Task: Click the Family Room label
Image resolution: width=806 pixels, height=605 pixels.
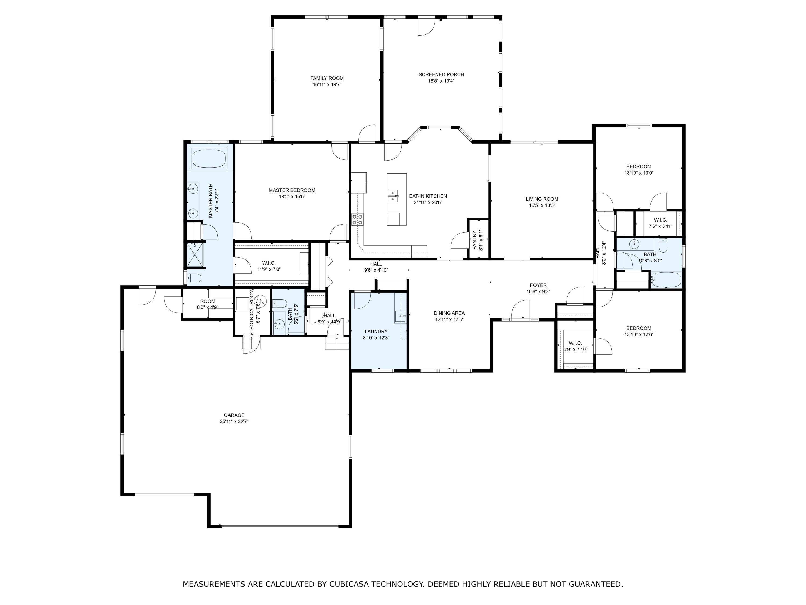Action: pos(327,78)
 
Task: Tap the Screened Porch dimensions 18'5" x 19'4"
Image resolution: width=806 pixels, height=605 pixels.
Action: pos(441,81)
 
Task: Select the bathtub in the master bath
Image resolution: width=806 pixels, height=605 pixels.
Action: pos(209,159)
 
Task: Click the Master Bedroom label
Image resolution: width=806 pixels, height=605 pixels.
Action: pos(292,190)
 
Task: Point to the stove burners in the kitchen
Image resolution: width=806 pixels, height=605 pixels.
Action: pos(357,219)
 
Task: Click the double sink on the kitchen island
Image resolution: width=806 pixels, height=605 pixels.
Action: pos(393,196)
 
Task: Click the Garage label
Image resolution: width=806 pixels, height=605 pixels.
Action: pos(234,415)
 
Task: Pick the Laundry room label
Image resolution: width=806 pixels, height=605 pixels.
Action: pos(376,332)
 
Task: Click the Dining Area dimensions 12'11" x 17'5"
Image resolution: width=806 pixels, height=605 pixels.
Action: pos(449,319)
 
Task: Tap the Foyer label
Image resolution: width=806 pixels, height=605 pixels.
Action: pos(538,286)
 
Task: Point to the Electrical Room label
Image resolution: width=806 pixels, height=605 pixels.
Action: pos(251,312)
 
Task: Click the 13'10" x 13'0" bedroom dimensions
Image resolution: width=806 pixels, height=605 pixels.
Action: pos(639,173)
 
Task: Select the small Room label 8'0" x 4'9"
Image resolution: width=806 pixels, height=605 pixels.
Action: pos(208,301)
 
